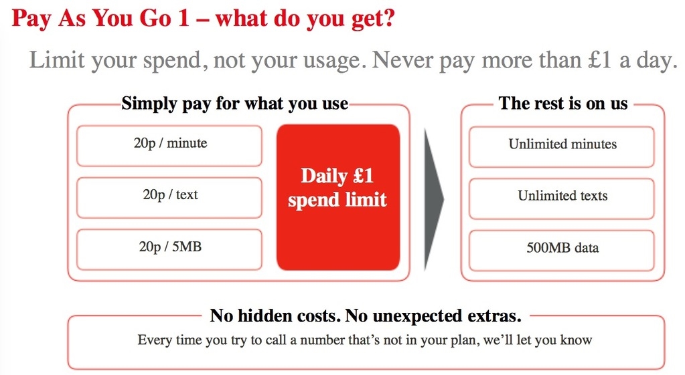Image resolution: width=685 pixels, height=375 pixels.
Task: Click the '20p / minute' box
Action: (169, 146)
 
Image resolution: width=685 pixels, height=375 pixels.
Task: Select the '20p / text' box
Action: (169, 198)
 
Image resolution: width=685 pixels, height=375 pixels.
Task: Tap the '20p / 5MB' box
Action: (169, 249)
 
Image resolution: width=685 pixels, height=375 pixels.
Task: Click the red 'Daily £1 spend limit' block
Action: (338, 197)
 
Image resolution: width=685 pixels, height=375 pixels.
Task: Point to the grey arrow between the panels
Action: (433, 199)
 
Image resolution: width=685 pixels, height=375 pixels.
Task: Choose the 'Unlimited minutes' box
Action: (562, 146)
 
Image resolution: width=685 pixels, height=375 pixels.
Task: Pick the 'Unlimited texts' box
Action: (562, 199)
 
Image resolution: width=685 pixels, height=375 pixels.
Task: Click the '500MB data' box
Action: (562, 251)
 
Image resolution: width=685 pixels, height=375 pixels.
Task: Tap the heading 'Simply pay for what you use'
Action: (235, 104)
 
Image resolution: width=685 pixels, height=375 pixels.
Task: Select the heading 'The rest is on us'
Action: (563, 104)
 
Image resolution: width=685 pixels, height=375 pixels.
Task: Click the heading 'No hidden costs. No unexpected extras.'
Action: (366, 316)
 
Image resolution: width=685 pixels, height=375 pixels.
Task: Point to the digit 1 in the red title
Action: (183, 18)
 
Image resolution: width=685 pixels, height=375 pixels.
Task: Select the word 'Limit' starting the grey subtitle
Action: (57, 59)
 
